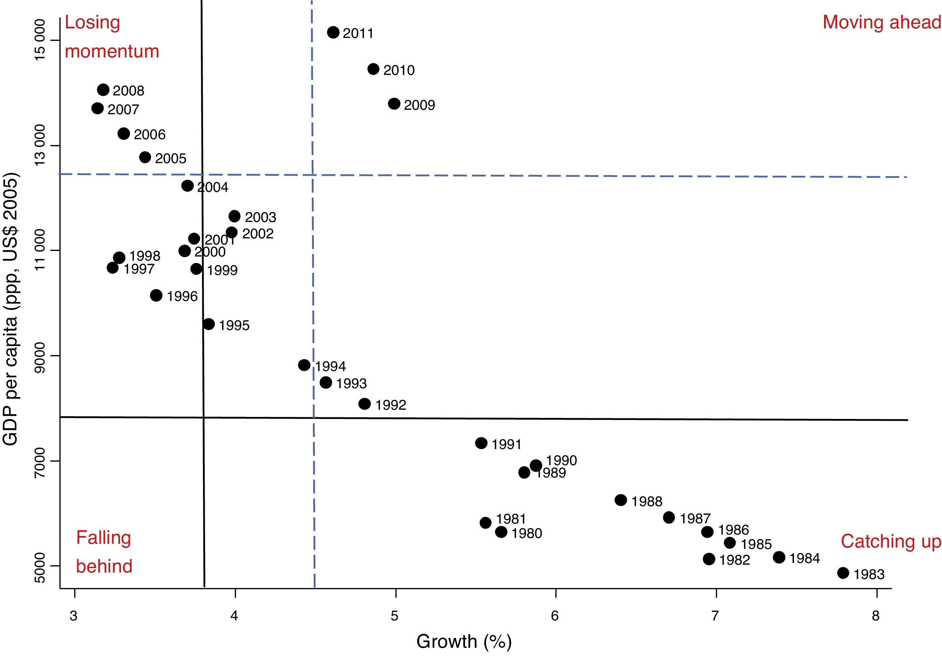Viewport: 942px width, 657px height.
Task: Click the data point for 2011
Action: pos(333,32)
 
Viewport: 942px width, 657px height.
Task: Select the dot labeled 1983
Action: pos(843,573)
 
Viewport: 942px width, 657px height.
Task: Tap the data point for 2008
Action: pos(103,90)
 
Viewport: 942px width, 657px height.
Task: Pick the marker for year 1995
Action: pos(208,324)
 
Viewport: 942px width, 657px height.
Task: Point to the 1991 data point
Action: pos(481,443)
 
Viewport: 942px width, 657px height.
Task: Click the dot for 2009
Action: pos(394,104)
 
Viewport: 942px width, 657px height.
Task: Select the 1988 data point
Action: pos(621,500)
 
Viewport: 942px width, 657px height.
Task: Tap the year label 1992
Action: pos(391,405)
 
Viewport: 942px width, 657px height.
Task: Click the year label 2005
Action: pos(171,158)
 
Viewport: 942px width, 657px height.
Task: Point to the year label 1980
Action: pos(527,534)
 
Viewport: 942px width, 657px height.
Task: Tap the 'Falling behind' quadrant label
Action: pos(104,552)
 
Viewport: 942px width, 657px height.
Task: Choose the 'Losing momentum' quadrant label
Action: pos(111,37)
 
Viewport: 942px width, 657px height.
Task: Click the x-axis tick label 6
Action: pos(555,616)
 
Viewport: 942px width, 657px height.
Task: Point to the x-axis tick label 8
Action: pos(876,616)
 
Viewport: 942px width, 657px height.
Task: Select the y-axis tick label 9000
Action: pos(41,356)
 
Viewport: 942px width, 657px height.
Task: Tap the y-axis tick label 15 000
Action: pos(41,40)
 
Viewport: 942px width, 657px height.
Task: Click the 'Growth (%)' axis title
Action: pos(464,641)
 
